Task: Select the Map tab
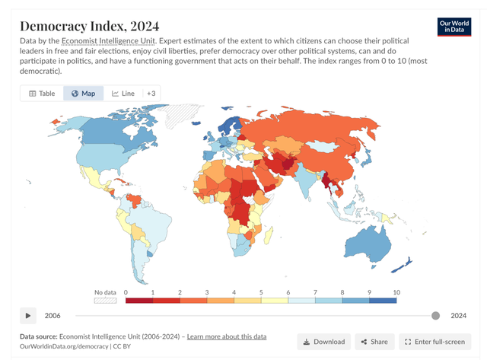(83, 94)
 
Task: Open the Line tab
(123, 94)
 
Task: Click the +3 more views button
(151, 94)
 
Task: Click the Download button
(321, 342)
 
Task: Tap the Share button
(374, 342)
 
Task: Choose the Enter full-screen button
(435, 342)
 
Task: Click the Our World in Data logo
(455, 27)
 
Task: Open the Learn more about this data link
(226, 336)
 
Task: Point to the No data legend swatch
(104, 301)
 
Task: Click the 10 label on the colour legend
(396, 292)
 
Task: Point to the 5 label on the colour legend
(261, 292)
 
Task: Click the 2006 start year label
(53, 316)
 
